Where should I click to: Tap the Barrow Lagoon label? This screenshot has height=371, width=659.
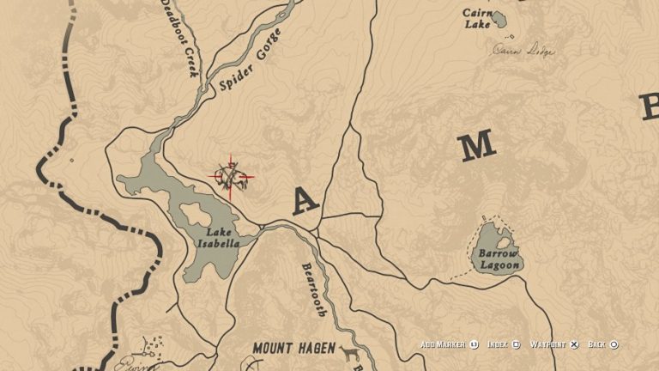(499, 260)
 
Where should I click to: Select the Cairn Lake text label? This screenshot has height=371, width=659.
(478, 19)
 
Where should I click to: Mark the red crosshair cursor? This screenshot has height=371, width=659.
(231, 177)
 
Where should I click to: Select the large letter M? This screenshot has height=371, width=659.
(476, 146)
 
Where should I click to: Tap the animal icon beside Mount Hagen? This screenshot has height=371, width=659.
(348, 353)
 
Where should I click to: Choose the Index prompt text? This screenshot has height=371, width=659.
(498, 344)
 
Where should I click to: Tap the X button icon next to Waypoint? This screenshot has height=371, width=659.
(575, 344)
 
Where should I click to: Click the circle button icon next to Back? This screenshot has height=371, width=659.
(614, 344)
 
